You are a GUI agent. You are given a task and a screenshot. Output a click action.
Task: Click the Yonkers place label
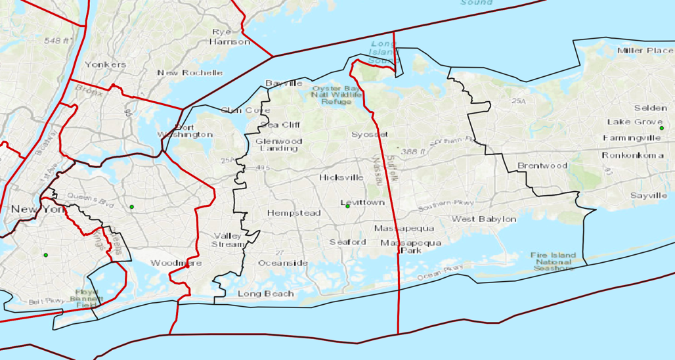pos(105,64)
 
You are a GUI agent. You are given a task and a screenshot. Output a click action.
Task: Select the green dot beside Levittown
pos(347,206)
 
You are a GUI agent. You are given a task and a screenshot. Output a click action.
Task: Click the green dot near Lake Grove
pos(661,128)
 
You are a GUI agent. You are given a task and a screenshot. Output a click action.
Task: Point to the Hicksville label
pos(341,177)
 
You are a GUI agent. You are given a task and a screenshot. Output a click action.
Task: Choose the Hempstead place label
pos(294,213)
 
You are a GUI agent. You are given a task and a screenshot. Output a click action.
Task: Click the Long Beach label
pos(265,293)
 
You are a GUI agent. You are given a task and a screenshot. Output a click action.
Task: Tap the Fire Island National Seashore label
pos(553,261)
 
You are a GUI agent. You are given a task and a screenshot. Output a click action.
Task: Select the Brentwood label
pos(542,166)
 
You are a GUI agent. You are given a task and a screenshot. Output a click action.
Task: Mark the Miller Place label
pos(645,51)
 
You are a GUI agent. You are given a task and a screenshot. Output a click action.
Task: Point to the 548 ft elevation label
pos(57,41)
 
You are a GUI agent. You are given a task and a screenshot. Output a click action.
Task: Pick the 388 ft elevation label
pos(414,151)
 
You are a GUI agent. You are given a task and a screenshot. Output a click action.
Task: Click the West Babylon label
pos(483,219)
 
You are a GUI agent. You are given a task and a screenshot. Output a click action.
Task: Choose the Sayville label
pos(648,196)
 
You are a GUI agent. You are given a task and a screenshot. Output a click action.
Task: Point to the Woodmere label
pos(176,263)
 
